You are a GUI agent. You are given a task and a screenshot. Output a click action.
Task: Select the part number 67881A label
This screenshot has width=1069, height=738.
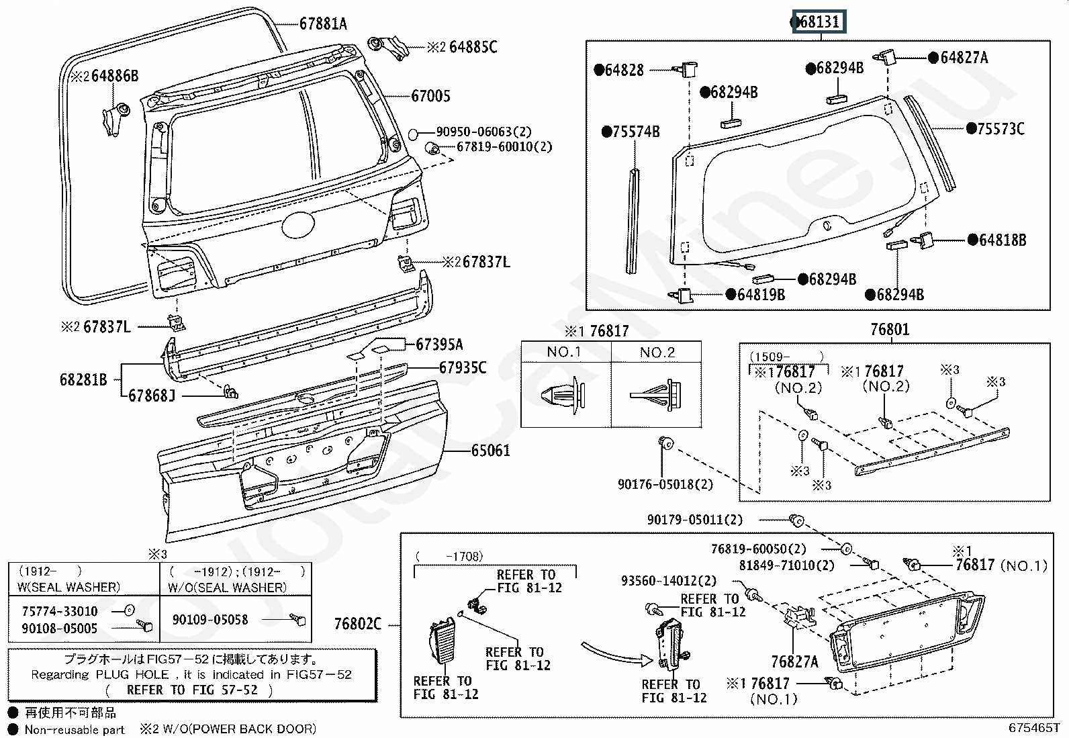click(x=323, y=24)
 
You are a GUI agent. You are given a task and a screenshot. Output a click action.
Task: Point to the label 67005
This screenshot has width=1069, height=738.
click(x=430, y=96)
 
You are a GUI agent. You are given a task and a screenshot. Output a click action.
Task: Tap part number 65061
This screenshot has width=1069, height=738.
click(x=490, y=450)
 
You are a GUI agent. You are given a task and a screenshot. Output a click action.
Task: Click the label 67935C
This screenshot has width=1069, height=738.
click(x=463, y=367)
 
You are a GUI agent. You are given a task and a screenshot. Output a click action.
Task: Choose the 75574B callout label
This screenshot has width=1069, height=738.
click(x=635, y=132)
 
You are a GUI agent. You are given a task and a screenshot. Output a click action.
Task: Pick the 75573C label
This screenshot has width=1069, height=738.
click(x=1001, y=129)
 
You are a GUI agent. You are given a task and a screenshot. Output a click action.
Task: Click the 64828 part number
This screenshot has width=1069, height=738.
click(x=624, y=70)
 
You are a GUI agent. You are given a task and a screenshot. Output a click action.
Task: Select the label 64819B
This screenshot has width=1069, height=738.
click(x=760, y=294)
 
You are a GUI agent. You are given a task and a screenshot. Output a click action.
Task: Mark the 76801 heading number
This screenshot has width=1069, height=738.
click(x=890, y=330)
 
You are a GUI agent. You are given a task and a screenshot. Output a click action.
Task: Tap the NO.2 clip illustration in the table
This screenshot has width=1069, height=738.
click(x=656, y=396)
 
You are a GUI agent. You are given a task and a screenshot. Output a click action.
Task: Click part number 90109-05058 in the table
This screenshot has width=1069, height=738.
click(x=210, y=619)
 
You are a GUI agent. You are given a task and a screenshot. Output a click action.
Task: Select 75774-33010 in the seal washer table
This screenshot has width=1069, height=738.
click(x=59, y=611)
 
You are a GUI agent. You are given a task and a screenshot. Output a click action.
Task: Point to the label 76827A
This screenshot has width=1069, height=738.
click(x=795, y=661)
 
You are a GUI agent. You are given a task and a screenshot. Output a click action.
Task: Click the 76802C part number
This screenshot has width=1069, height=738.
click(x=357, y=624)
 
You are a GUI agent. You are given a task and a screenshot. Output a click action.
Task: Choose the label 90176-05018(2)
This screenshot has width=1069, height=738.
click(x=665, y=484)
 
